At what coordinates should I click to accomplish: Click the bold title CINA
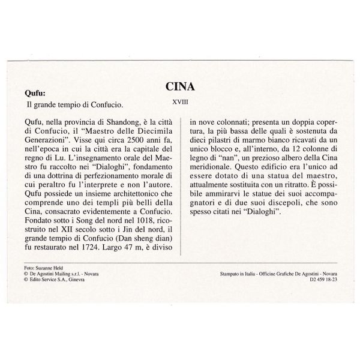click(x=179, y=88)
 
